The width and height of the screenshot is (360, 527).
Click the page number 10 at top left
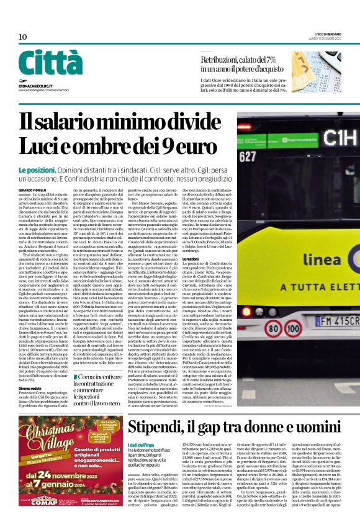point(22,37)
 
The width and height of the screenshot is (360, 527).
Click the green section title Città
point(50,63)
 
